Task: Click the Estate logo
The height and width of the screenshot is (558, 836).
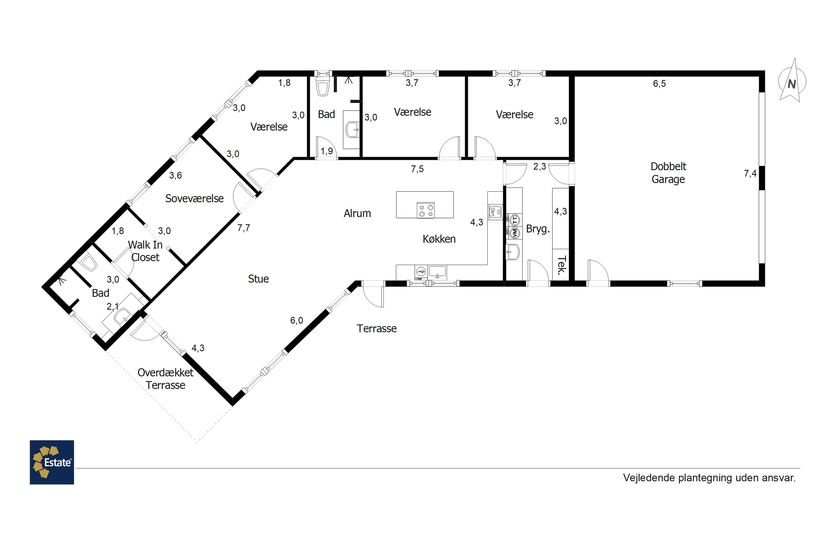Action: click(52, 462)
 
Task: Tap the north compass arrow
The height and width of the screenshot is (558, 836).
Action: click(792, 81)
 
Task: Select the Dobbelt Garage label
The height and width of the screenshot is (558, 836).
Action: click(668, 173)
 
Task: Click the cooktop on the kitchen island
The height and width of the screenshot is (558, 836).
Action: click(426, 210)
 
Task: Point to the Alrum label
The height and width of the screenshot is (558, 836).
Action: click(357, 213)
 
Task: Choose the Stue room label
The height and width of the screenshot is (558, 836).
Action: click(258, 279)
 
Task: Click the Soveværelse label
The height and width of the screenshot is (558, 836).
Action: click(195, 199)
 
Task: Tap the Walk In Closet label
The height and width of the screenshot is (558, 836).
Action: click(145, 251)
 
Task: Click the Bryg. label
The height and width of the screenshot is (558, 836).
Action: click(538, 229)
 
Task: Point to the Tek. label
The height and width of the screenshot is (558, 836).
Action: click(561, 266)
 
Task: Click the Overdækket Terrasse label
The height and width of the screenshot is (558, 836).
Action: click(166, 379)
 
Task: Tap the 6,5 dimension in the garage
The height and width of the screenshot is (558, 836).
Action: click(659, 84)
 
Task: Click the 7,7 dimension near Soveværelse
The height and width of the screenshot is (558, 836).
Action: click(244, 228)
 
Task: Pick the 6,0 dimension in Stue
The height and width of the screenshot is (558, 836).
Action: click(297, 321)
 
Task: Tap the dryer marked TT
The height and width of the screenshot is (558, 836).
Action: click(514, 220)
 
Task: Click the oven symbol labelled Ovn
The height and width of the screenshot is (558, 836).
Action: click(494, 212)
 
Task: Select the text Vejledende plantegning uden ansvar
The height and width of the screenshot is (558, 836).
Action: click(709, 478)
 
